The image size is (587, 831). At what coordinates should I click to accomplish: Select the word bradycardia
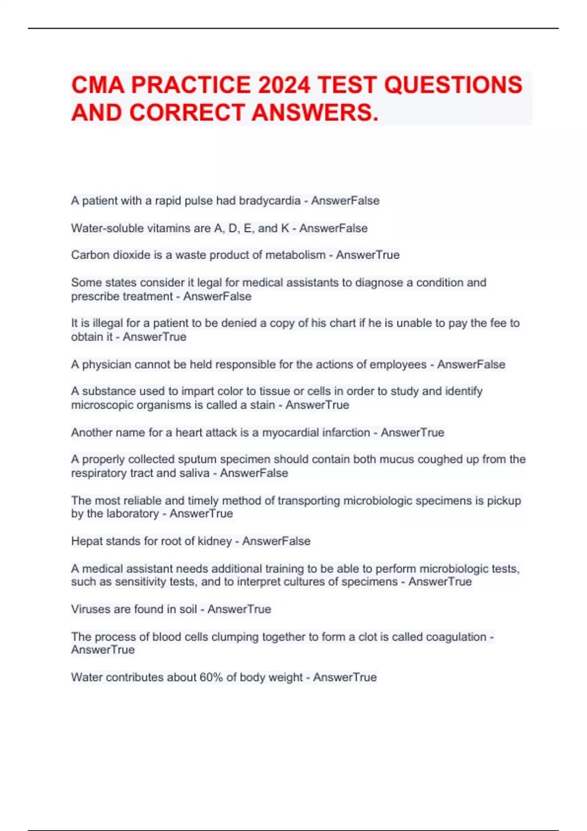click(270, 201)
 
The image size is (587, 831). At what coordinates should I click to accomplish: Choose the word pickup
click(504, 501)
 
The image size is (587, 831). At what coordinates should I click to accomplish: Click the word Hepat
click(86, 541)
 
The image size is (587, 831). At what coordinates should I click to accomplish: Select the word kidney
click(215, 541)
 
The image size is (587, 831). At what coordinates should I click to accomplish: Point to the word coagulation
click(456, 637)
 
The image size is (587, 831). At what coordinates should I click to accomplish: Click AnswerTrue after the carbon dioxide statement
click(368, 255)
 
